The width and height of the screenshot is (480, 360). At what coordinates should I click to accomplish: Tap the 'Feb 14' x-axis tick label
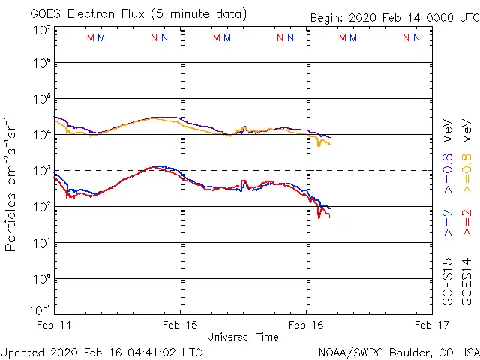[54, 325]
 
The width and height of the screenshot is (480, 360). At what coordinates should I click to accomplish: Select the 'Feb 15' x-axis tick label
[181, 325]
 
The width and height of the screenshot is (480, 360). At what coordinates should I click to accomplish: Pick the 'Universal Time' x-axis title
[243, 337]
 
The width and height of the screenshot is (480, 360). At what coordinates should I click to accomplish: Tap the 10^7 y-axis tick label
[41, 29]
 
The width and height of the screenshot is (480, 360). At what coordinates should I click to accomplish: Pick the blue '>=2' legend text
[448, 223]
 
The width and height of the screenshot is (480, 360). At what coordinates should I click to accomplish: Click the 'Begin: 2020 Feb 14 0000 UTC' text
[394, 19]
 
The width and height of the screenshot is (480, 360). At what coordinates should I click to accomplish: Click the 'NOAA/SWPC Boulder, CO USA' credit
[397, 351]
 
